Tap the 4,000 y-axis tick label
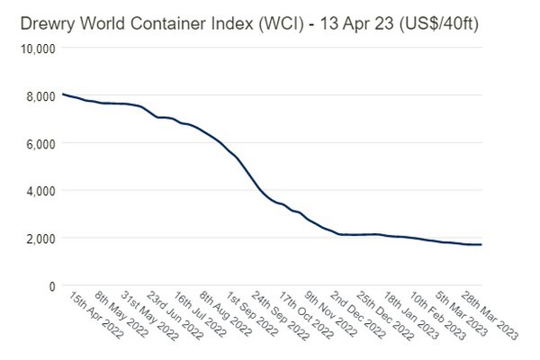pos(39,190)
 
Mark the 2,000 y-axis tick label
pos(39,238)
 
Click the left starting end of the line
pos(61,94)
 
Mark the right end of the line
pos(481,245)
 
